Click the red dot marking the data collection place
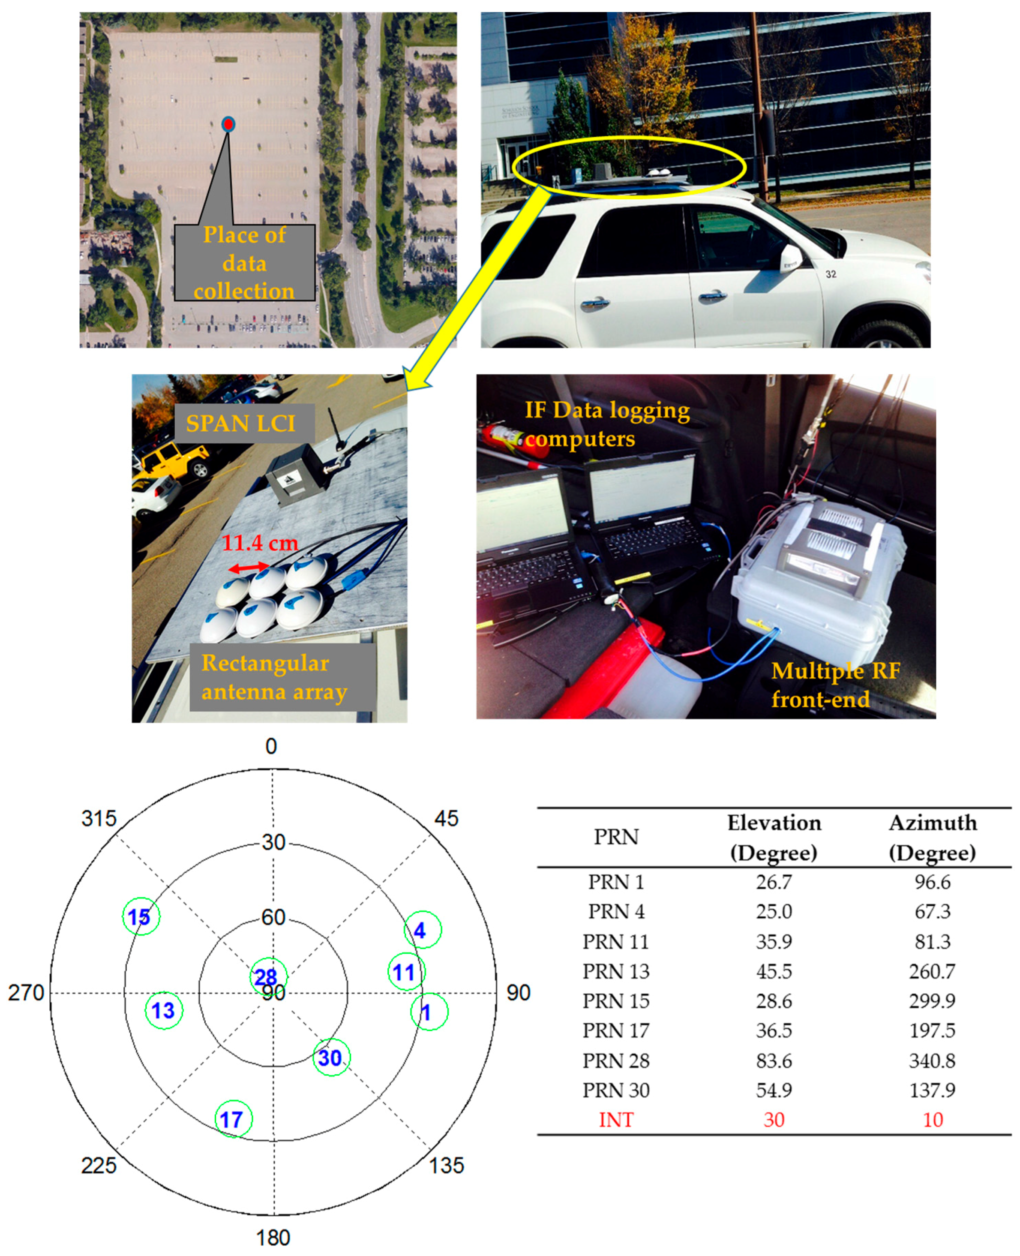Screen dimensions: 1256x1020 (228, 124)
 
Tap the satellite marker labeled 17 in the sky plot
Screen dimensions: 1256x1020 (233, 1118)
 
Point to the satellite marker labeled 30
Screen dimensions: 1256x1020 (331, 1058)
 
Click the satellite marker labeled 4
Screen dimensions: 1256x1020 (422, 930)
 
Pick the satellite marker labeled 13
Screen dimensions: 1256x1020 (164, 1010)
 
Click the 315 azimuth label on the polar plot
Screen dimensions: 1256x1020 (99, 819)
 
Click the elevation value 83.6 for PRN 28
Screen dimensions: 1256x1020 (774, 1060)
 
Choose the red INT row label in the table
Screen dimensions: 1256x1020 (616, 1120)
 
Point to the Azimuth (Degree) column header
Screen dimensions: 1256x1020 (933, 837)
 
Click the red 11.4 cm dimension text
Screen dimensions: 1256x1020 (260, 543)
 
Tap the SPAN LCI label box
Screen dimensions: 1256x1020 (241, 423)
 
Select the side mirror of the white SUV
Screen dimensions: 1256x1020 (791, 258)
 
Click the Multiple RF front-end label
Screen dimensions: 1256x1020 (834, 685)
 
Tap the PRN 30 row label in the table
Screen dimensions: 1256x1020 (616, 1090)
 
